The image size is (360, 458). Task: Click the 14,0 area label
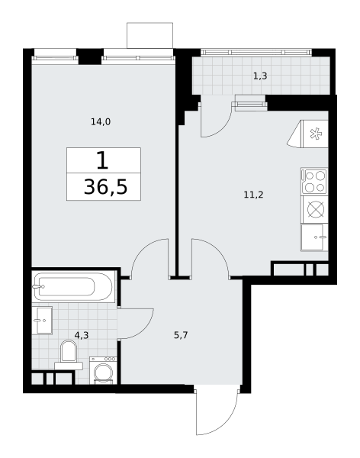[101, 121]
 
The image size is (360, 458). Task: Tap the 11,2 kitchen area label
[253, 194]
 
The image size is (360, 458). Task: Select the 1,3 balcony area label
[260, 76]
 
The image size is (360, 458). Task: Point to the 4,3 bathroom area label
[82, 335]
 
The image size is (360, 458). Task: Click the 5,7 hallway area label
[181, 335]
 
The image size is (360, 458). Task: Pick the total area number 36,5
[105, 187]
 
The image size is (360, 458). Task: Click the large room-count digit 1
[102, 160]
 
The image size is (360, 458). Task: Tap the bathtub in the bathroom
[73, 286]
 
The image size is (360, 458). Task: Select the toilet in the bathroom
[69, 355]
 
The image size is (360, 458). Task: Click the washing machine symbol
[103, 370]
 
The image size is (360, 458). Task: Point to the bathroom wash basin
[43, 320]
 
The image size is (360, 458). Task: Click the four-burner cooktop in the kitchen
[314, 181]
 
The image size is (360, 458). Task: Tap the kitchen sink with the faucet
[314, 237]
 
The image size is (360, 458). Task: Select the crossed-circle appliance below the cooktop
[316, 209]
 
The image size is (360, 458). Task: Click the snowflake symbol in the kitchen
[316, 134]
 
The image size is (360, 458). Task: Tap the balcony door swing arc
[223, 127]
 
